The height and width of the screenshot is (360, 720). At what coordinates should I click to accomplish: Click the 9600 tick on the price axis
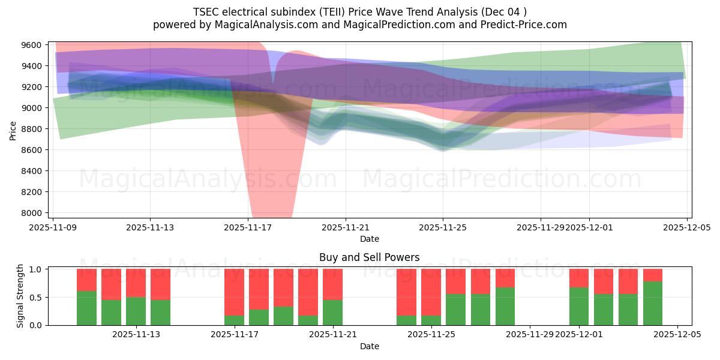tap(31, 45)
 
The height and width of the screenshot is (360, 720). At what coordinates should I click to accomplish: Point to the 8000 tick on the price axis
tap(31, 213)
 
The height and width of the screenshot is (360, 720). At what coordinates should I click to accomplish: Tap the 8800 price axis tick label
tap(31, 129)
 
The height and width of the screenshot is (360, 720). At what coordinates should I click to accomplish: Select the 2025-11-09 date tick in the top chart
tap(53, 227)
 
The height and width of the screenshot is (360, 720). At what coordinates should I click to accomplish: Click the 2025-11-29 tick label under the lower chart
tap(530, 334)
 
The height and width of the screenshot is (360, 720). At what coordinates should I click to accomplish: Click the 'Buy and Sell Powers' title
tap(369, 257)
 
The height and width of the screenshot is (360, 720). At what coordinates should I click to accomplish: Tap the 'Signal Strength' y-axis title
tap(20, 296)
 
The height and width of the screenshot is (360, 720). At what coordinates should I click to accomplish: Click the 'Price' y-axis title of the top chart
tap(13, 130)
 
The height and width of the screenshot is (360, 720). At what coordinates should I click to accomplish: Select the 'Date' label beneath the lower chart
tap(369, 346)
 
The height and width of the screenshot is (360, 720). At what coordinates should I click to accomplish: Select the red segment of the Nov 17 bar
tap(234, 292)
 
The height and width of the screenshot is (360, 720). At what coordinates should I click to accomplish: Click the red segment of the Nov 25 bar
tap(431, 292)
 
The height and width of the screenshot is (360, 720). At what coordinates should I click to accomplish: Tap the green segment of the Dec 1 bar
tap(579, 306)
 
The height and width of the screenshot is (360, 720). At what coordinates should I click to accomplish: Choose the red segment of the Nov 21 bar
tap(332, 284)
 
